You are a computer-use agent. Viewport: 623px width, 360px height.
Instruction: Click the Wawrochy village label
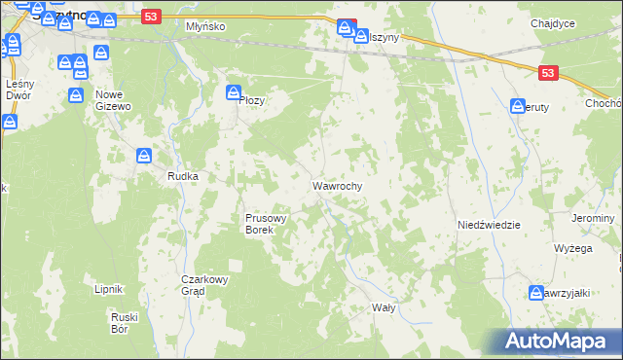pyautogui.click(x=338, y=185)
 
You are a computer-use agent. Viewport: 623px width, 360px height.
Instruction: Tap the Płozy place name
pyautogui.click(x=251, y=100)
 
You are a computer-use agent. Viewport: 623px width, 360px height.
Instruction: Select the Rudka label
pyautogui.click(x=183, y=176)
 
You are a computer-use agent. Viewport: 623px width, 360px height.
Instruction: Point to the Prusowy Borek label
pyautogui.click(x=265, y=225)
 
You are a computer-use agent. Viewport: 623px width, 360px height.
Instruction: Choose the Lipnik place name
pyautogui.click(x=107, y=289)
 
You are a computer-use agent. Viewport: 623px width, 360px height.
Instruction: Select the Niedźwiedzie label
pyautogui.click(x=489, y=225)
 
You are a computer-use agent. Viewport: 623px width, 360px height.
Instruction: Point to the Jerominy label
pyautogui.click(x=594, y=218)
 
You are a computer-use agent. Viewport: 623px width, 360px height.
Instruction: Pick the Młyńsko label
pyautogui.click(x=205, y=27)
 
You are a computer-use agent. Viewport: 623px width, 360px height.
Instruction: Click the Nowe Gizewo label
pyautogui.click(x=115, y=100)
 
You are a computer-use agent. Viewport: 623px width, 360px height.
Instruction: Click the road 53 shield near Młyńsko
pyautogui.click(x=149, y=17)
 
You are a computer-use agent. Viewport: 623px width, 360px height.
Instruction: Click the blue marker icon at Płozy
pyautogui.click(x=234, y=93)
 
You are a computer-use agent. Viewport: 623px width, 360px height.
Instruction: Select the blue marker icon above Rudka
pyautogui.click(x=144, y=156)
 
